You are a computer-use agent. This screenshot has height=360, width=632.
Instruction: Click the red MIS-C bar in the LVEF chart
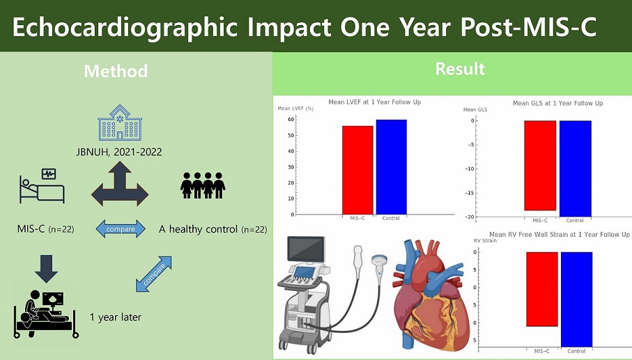pyautogui.click(x=357, y=170)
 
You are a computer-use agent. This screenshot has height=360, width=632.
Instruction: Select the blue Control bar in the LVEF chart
pyautogui.click(x=392, y=167)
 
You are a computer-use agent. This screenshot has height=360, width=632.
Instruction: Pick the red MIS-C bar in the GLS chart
pyautogui.click(x=540, y=166)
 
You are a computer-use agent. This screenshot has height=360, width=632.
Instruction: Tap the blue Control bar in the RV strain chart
pyautogui.click(x=576, y=299)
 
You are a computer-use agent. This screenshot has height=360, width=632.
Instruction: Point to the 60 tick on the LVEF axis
pyautogui.click(x=291, y=120)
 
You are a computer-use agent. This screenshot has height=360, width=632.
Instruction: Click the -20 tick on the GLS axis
pyautogui.click(x=470, y=217)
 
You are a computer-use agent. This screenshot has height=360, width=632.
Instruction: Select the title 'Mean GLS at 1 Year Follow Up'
pyautogui.click(x=558, y=104)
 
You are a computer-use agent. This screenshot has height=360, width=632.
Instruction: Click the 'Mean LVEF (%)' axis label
pyautogui.click(x=295, y=109)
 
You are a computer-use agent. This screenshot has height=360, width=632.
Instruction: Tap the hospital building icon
pyautogui.click(x=120, y=123)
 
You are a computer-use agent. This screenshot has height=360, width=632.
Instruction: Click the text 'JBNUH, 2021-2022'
pyautogui.click(x=119, y=152)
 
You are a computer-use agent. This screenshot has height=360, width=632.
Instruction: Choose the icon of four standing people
pyautogui.click(x=203, y=185)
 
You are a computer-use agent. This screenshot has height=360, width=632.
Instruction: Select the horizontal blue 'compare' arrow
pyautogui.click(x=121, y=229)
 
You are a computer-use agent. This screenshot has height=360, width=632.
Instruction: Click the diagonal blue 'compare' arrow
pyautogui.click(x=153, y=274)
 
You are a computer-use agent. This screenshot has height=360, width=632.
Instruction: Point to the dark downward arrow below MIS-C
pyautogui.click(x=47, y=269)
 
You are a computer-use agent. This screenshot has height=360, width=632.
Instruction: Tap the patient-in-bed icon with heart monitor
pyautogui.click(x=42, y=186)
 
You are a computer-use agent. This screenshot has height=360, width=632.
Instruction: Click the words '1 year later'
pyautogui.click(x=115, y=318)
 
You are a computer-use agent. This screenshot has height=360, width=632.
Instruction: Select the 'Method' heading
pyautogui.click(x=116, y=71)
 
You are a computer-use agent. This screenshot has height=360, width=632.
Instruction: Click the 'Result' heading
pyautogui.click(x=460, y=69)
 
